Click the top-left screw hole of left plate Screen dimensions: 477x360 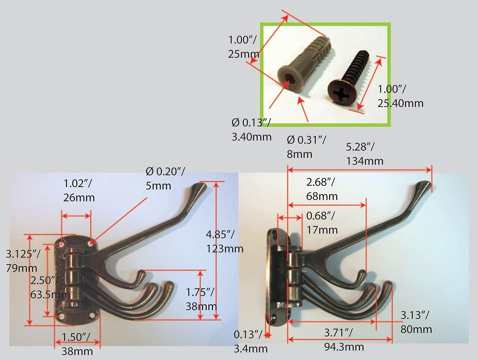62,244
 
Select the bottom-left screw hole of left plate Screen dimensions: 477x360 62,317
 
